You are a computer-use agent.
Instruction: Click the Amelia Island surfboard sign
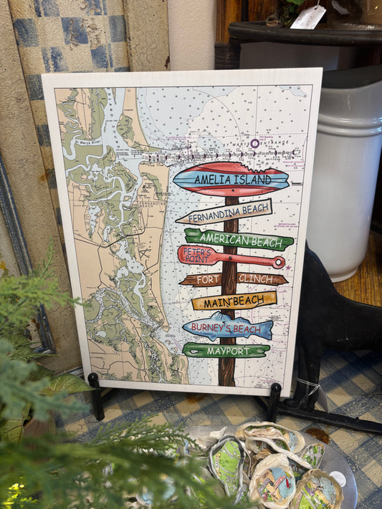[x=231, y=179]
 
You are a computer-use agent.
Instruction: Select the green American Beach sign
[x=239, y=239]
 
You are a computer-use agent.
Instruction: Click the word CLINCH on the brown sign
[x=255, y=278]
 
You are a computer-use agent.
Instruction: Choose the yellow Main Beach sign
[x=234, y=301]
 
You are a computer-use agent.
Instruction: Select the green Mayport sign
[x=226, y=351]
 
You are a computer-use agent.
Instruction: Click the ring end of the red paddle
[x=277, y=262]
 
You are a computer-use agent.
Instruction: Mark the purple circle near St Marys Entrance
[x=254, y=143]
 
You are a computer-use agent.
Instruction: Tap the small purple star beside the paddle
[x=288, y=267]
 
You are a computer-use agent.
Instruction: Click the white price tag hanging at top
[x=307, y=17]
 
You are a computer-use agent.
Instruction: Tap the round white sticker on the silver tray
[x=337, y=478]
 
